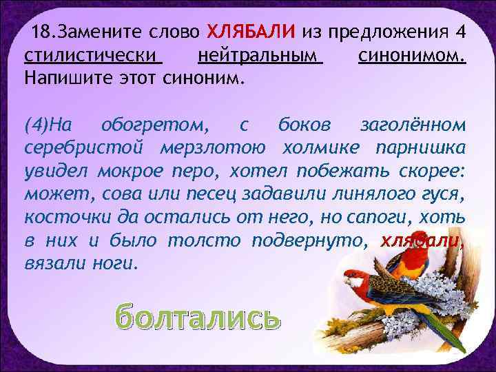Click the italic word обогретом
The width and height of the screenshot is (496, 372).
[152, 125]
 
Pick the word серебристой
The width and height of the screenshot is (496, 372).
[81, 147]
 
